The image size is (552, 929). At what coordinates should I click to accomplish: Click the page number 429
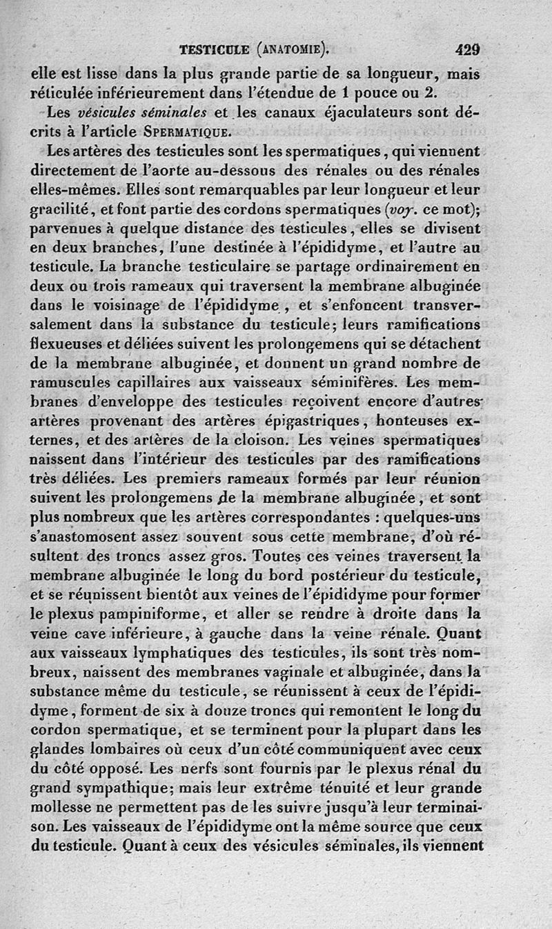point(467,50)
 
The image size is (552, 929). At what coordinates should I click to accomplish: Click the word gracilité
point(64,208)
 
